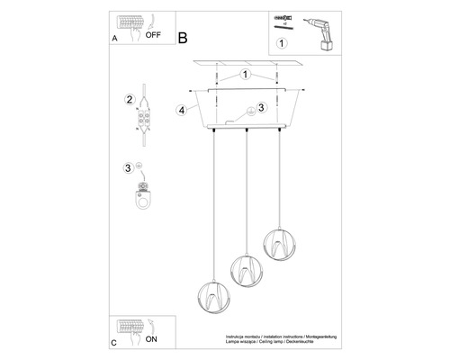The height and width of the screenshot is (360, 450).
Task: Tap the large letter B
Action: [183, 40]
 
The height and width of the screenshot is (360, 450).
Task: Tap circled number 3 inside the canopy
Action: [260, 108]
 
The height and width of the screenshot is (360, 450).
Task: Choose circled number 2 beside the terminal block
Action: [130, 99]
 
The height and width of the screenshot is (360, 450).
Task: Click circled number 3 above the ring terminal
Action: [130, 167]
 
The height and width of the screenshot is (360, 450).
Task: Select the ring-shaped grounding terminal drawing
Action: [142, 195]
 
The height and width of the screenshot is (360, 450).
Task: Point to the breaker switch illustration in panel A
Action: [126, 27]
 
